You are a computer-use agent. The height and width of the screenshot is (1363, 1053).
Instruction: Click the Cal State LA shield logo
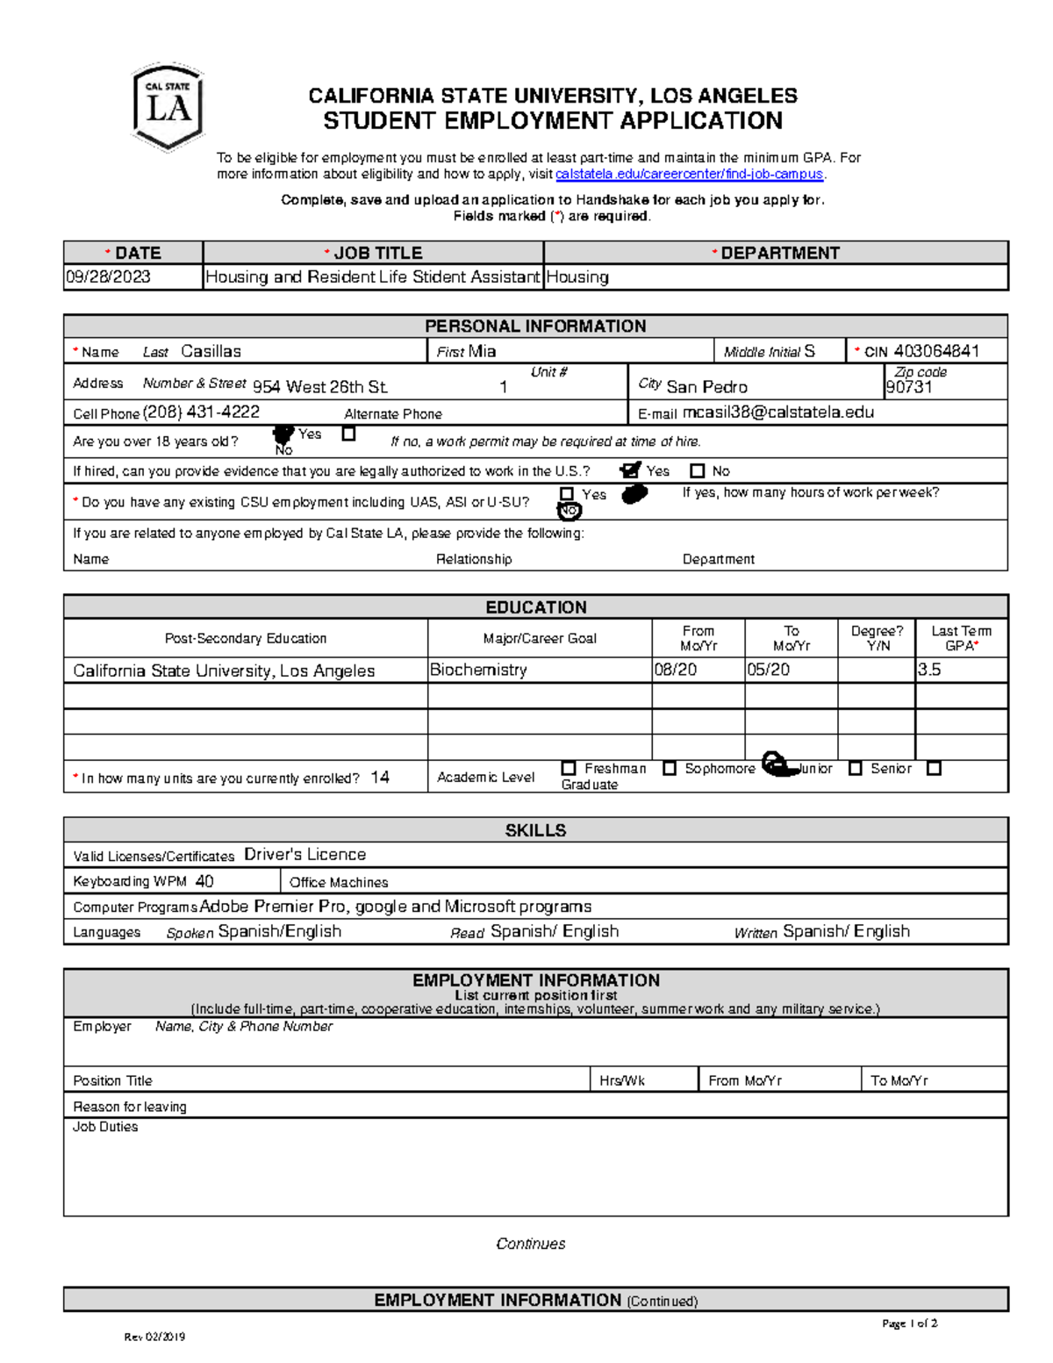[168, 107]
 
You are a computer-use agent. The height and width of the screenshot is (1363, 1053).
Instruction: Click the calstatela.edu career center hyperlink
[690, 174]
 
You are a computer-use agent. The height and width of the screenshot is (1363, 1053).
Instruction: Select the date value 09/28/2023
[107, 277]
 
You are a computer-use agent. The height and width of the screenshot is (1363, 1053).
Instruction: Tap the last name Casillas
[211, 351]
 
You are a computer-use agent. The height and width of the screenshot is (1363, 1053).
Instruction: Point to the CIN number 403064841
[936, 351]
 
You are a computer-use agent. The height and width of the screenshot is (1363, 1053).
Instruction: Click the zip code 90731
[908, 387]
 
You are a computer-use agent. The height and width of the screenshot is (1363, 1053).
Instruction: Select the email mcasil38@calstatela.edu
[777, 412]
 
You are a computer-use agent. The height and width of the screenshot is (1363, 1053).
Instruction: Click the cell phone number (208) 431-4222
[201, 412]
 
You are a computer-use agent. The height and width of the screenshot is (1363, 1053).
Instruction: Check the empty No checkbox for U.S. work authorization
[698, 471]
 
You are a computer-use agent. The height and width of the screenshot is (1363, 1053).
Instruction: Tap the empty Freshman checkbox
[569, 768]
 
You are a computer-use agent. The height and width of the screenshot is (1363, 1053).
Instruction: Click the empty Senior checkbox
[856, 768]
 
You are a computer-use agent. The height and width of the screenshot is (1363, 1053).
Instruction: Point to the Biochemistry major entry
[478, 670]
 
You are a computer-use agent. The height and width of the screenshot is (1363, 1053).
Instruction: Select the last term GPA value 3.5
[929, 670]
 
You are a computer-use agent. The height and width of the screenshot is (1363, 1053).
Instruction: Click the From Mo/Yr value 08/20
[676, 670]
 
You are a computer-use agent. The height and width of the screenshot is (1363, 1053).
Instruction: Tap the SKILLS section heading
[535, 830]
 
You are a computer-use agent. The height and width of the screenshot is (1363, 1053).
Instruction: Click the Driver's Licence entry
[304, 855]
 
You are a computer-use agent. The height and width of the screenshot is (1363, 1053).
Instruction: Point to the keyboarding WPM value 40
[204, 881]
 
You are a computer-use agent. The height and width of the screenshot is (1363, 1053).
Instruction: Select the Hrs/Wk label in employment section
[621, 1080]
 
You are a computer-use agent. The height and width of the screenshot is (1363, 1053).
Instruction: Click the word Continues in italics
[530, 1244]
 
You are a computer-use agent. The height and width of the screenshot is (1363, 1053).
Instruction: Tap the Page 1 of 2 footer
[909, 1324]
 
